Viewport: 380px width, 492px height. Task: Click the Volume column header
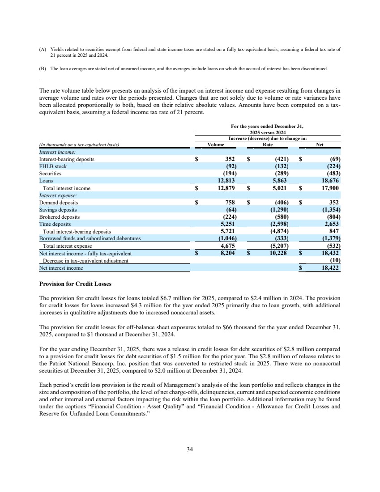coord(216,144)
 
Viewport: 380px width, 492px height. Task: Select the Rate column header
coord(268,144)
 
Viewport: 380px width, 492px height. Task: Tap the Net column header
coord(320,144)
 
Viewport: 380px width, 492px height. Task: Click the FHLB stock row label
coord(53,166)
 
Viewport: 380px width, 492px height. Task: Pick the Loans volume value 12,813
coord(226,180)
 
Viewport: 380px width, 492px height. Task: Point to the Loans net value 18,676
coord(330,180)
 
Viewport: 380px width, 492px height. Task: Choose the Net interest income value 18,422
coord(330,267)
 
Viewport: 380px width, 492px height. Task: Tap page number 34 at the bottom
coord(190,450)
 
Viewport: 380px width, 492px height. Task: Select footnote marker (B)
coord(43,69)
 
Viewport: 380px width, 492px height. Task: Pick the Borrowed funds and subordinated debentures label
coord(90,238)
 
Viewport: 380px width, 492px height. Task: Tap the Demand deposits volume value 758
coord(230,202)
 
